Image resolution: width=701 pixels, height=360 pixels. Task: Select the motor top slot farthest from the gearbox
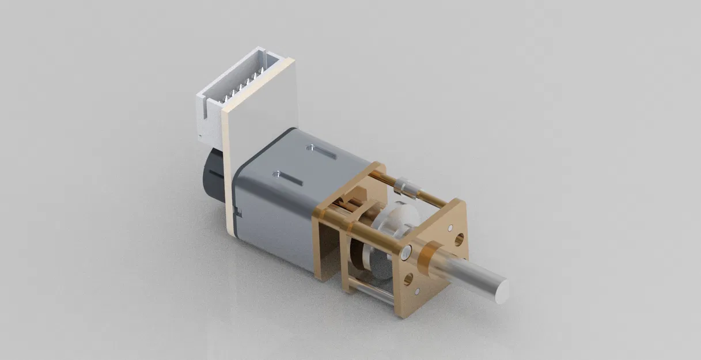point(290,178)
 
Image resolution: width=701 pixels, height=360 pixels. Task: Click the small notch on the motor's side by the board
point(238,214)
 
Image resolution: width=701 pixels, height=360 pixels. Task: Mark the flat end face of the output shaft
point(501,291)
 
